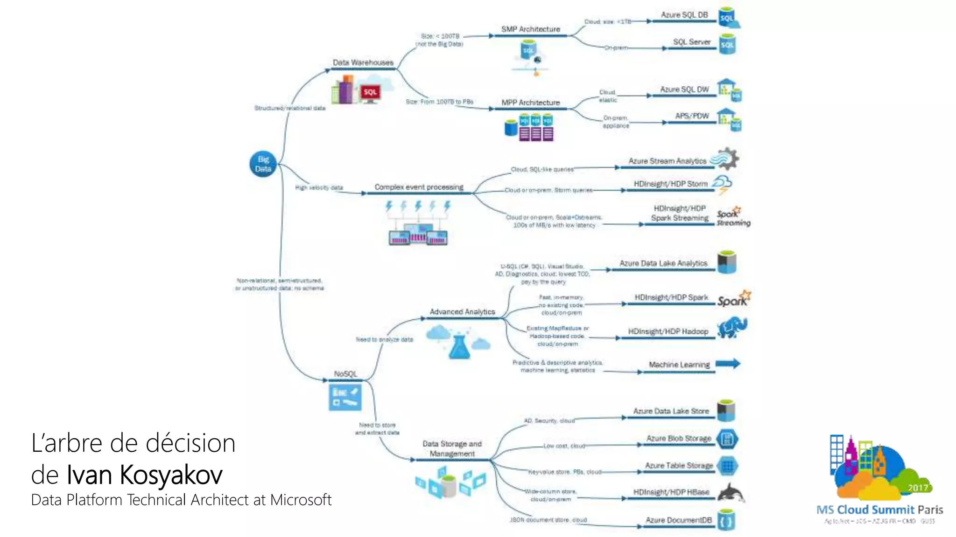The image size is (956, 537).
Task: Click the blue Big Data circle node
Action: click(x=263, y=164)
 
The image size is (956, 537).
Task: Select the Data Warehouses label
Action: click(x=363, y=62)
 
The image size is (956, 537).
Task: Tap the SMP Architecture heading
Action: click(x=530, y=29)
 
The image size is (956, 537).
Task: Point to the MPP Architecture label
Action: click(x=530, y=103)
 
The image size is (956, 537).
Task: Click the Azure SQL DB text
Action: click(x=684, y=15)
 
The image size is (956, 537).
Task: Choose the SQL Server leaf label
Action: click(x=691, y=42)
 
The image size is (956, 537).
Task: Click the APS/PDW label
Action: click(x=691, y=116)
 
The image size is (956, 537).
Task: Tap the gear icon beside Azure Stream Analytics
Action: click(x=727, y=159)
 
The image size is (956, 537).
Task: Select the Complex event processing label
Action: click(x=419, y=187)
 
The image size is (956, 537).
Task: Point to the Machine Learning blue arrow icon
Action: click(x=728, y=364)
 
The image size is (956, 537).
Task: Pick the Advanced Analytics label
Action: click(x=462, y=312)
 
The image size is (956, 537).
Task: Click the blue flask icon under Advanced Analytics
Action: click(x=459, y=346)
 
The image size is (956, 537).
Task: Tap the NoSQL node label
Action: click(x=345, y=374)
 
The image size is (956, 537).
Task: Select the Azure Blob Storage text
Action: click(x=678, y=438)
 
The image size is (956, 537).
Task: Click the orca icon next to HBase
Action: click(x=731, y=493)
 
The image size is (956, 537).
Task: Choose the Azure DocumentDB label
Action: click(x=678, y=520)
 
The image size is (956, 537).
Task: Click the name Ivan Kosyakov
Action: click(x=144, y=475)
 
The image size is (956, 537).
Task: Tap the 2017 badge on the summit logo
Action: click(x=917, y=488)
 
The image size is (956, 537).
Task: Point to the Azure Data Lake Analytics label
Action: click(x=663, y=263)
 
